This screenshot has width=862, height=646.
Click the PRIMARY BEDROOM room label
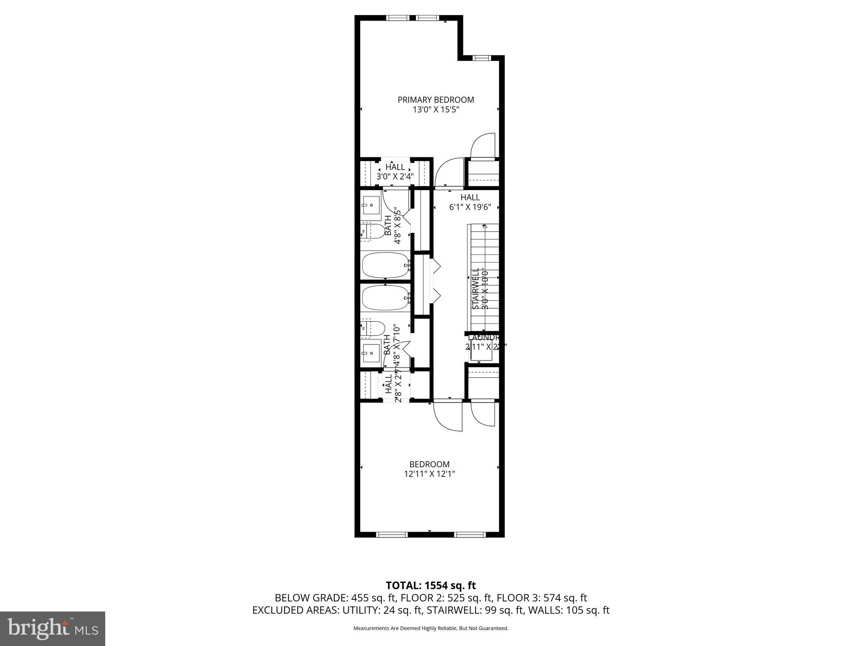click(436, 100)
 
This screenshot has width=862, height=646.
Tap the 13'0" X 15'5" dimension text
click(436, 110)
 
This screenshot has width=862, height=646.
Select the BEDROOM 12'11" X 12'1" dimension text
click(429, 474)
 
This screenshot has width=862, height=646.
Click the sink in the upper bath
click(371, 205)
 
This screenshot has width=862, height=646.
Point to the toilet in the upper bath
click(372, 231)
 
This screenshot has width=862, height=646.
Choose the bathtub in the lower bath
click(386, 298)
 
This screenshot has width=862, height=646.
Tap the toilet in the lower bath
click(373, 328)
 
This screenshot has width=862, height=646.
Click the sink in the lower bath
click(371, 353)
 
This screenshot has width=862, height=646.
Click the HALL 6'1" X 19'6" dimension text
click(470, 207)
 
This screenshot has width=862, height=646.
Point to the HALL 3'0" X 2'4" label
click(395, 172)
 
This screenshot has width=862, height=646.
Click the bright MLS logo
click(53, 629)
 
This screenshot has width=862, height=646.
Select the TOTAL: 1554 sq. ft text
click(431, 585)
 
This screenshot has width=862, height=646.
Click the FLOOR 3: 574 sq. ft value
click(542, 598)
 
